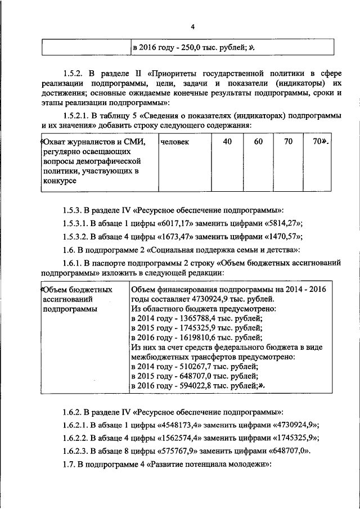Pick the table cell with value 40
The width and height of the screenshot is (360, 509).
point(227,142)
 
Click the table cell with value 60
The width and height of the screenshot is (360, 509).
point(258,142)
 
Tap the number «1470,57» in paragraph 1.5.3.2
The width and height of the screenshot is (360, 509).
point(283,236)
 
